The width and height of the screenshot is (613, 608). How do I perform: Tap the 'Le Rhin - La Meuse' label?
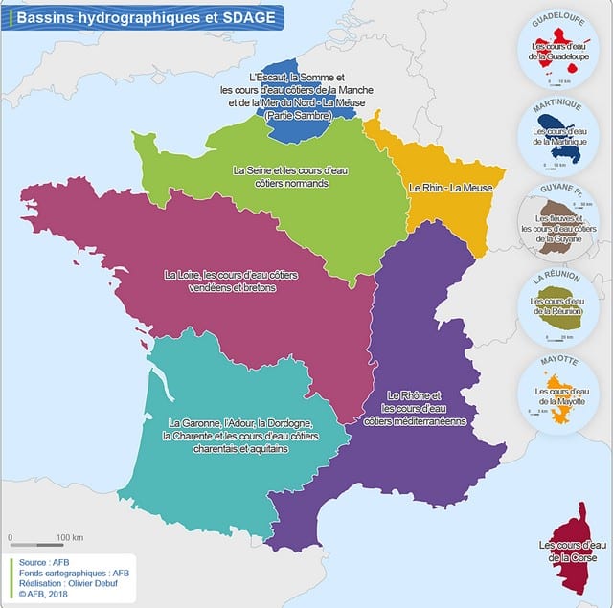pyautogui.click(x=450, y=188)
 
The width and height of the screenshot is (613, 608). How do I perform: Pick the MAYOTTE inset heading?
pyautogui.click(x=557, y=363)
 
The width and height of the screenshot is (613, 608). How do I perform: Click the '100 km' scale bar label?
pyautogui.click(x=70, y=536)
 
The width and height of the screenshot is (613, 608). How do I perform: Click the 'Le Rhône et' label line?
pyautogui.click(x=414, y=395)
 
